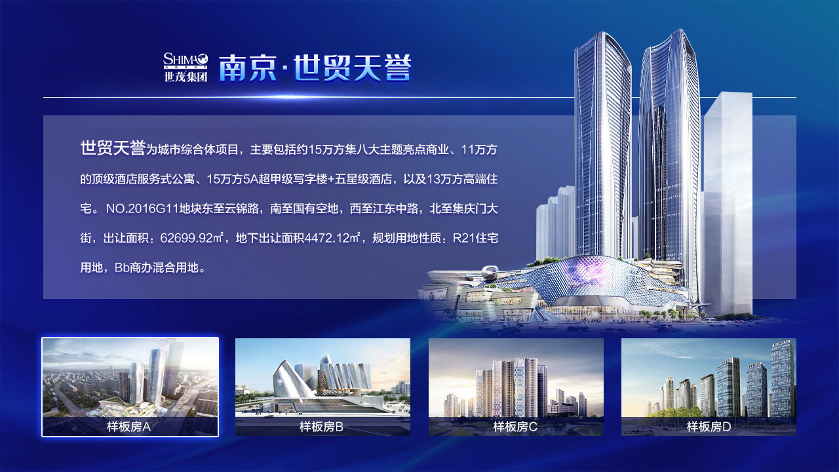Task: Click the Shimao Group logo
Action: [185, 68]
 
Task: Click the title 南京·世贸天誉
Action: [315, 68]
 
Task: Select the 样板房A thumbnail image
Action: [130, 387]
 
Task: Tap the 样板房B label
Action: [321, 427]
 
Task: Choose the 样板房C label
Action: [515, 427]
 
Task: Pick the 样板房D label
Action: [709, 427]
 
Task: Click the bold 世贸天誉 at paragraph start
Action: [113, 148]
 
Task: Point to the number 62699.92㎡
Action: [192, 238]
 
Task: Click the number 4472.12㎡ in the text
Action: [332, 238]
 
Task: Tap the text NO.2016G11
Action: [142, 208]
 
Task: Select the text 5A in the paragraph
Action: [250, 179]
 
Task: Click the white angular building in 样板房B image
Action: [292, 378]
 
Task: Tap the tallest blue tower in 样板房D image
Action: [783, 378]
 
